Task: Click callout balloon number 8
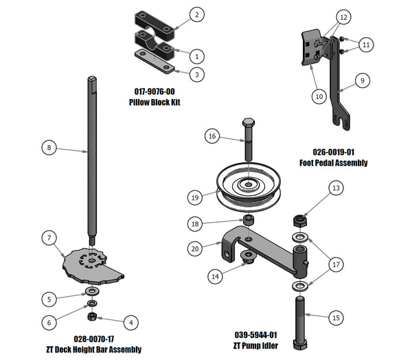[47, 146]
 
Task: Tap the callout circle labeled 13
[335, 188]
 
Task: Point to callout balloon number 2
[196, 14]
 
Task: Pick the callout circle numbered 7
[48, 238]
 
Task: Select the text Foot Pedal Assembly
[334, 163]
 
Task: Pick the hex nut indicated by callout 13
[299, 221]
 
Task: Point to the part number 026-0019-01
[334, 153]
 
